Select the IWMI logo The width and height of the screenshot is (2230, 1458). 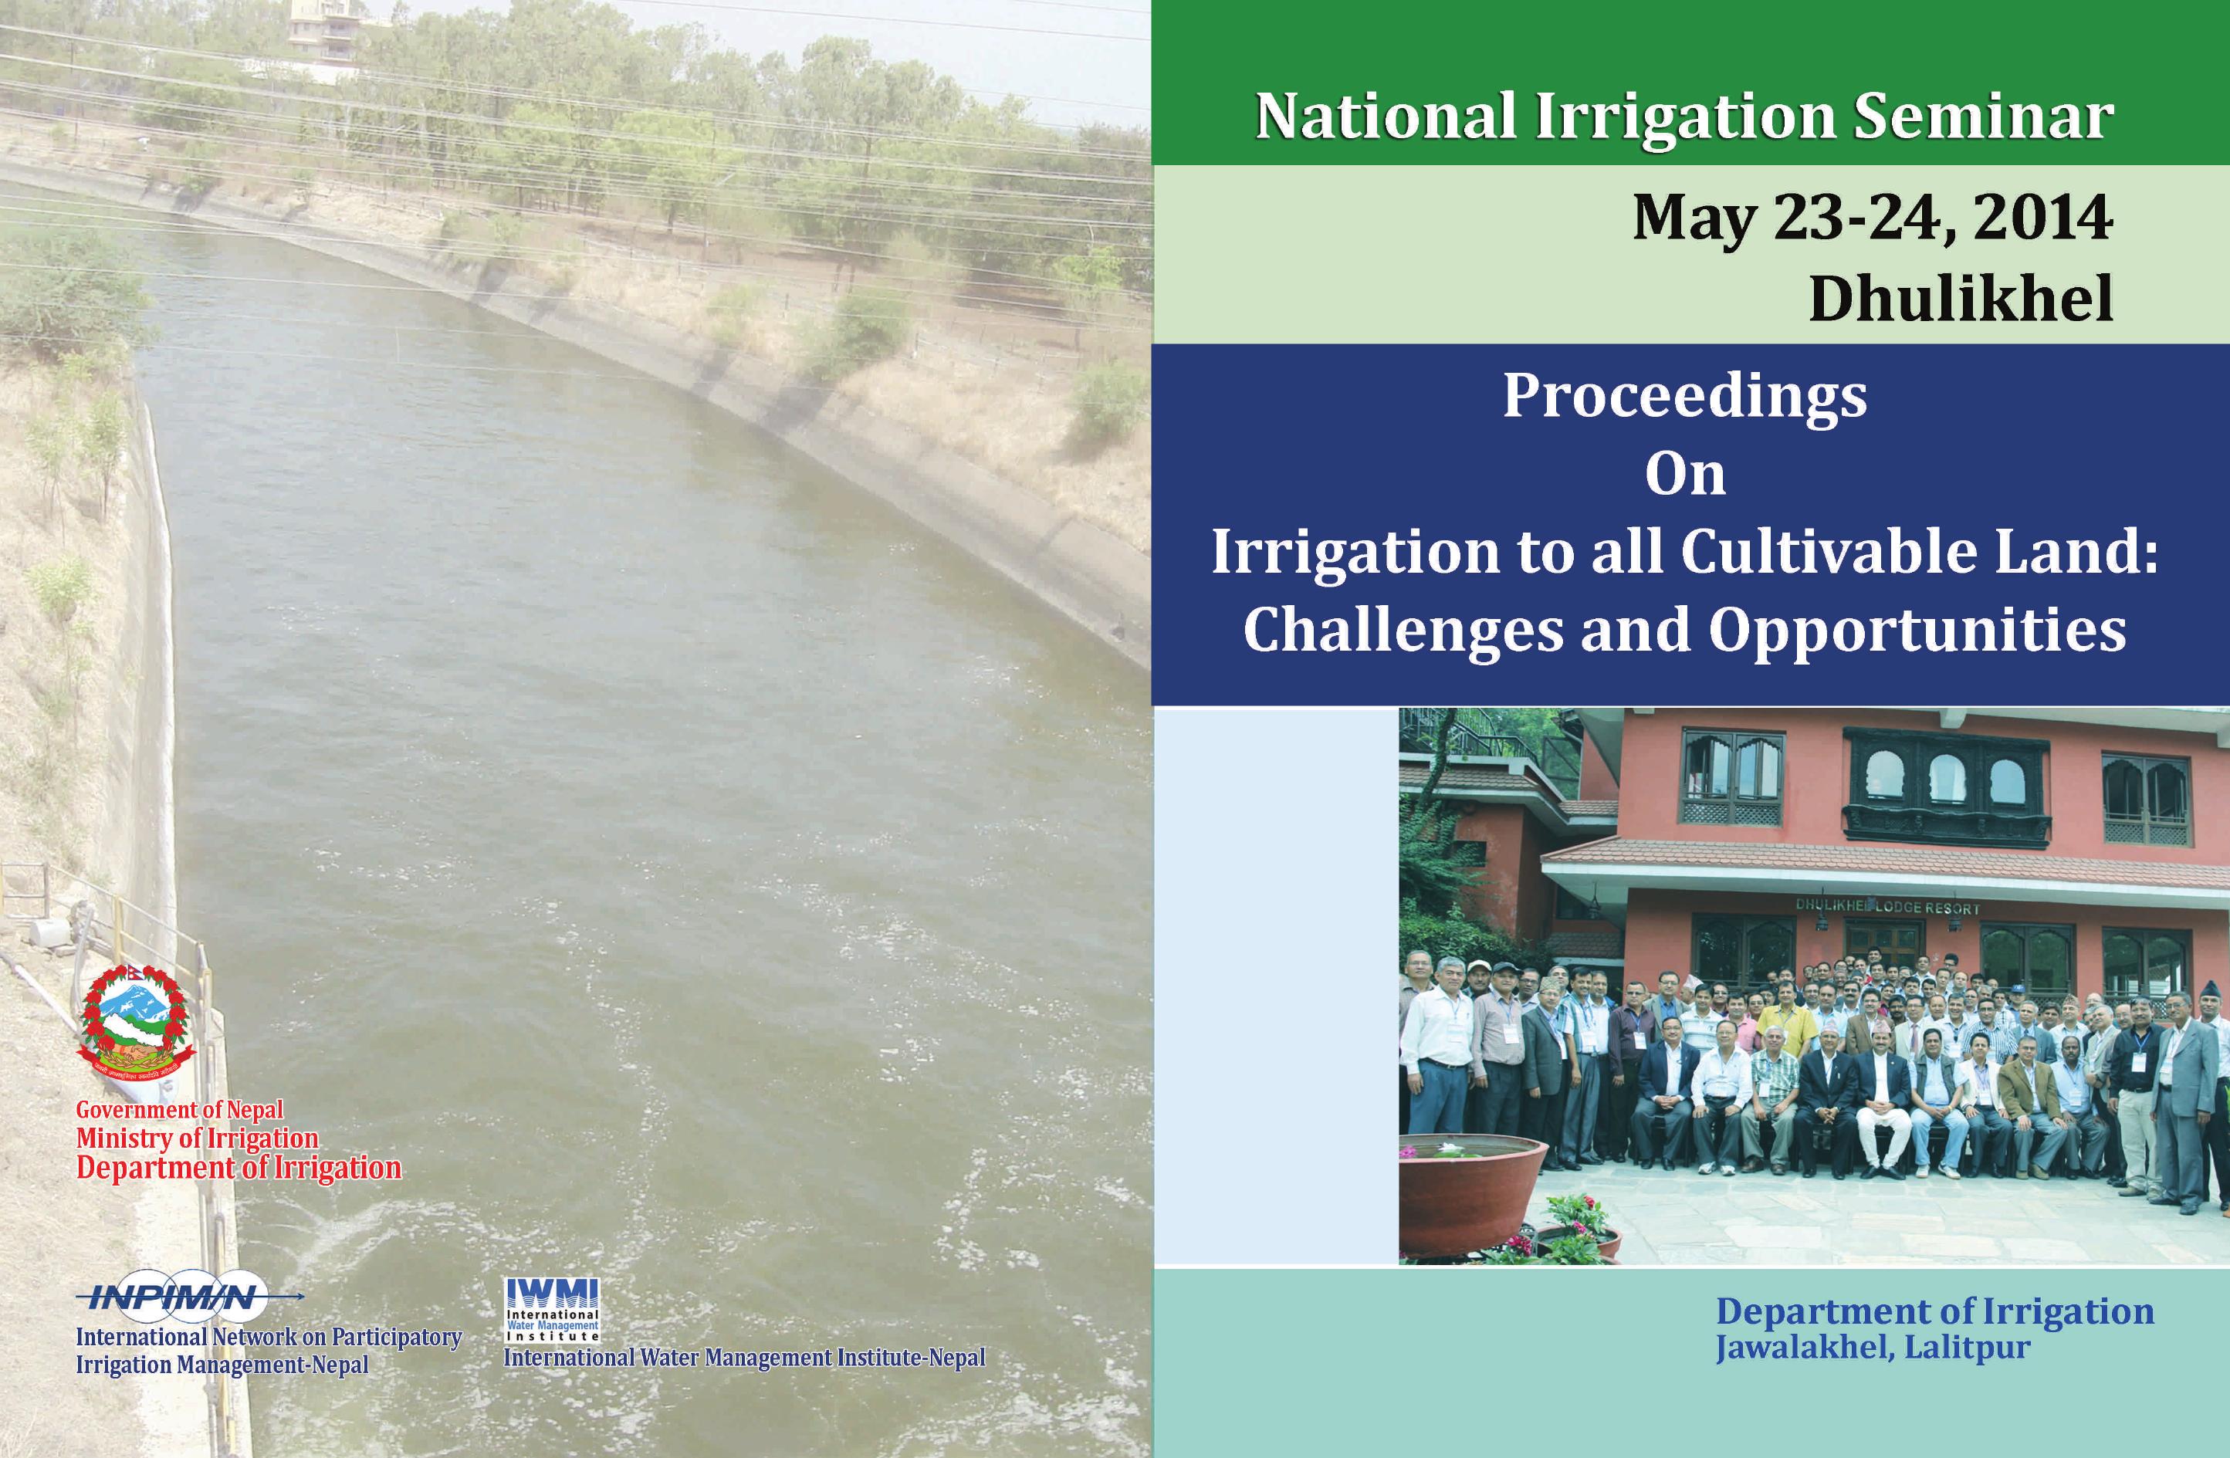tap(552, 1309)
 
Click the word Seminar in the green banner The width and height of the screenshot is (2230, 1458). tap(1983, 117)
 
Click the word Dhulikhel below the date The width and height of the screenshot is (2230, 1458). tap(1961, 299)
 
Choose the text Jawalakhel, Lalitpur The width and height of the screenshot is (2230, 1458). tap(1874, 1348)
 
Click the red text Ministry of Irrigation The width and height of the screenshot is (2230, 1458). tap(197, 1138)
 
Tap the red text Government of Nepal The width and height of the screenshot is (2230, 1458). tap(179, 1109)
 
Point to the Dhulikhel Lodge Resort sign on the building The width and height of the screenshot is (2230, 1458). tap(1887, 907)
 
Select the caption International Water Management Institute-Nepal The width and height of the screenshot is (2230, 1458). tap(745, 1358)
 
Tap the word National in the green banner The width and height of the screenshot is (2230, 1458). tap(1385, 117)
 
